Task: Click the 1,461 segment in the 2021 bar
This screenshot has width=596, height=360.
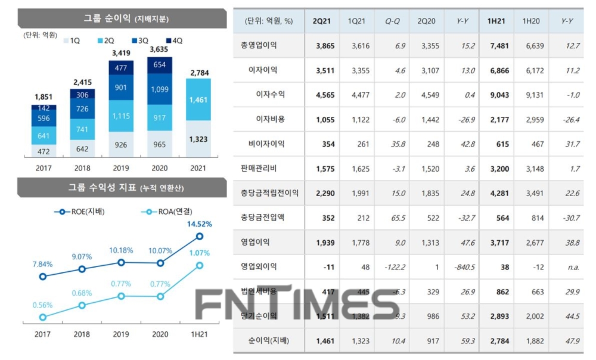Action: click(x=198, y=100)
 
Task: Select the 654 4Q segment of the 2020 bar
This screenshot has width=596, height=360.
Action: click(x=159, y=65)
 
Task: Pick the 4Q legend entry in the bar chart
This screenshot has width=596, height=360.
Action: click(x=174, y=40)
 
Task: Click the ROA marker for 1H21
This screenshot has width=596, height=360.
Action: click(x=200, y=265)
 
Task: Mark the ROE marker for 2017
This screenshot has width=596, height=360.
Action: click(x=42, y=277)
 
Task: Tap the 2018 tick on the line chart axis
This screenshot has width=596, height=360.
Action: click(x=82, y=334)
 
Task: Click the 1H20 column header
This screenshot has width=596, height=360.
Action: click(x=531, y=21)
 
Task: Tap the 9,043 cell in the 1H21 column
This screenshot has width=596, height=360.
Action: click(x=499, y=95)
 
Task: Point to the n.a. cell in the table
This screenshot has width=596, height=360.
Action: click(x=573, y=267)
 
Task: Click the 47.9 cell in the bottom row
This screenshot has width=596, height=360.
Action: click(x=572, y=341)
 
